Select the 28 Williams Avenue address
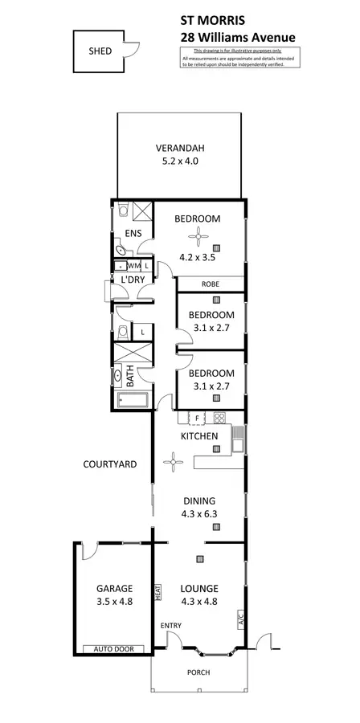tap(238, 36)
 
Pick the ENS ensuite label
tap(133, 235)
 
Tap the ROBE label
tap(211, 284)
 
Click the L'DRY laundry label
tap(132, 280)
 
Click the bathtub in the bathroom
tap(133, 402)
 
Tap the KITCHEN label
tap(199, 436)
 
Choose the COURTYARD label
tap(109, 464)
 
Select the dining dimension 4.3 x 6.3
tap(199, 511)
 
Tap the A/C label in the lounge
tap(239, 619)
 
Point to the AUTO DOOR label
tap(113, 649)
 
